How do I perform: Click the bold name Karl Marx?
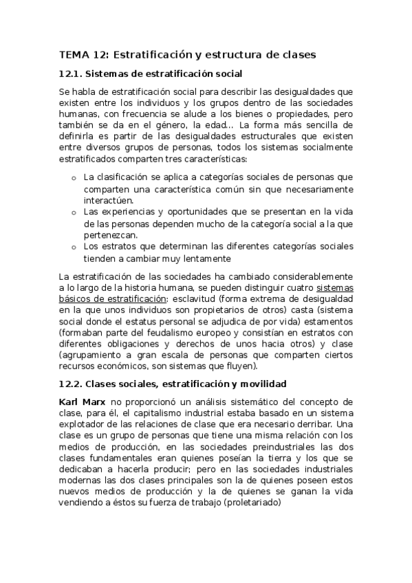click(81, 401)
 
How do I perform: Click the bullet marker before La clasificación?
click(74, 178)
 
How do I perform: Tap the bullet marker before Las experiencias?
click(74, 213)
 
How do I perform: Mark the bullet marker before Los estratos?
click(74, 247)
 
